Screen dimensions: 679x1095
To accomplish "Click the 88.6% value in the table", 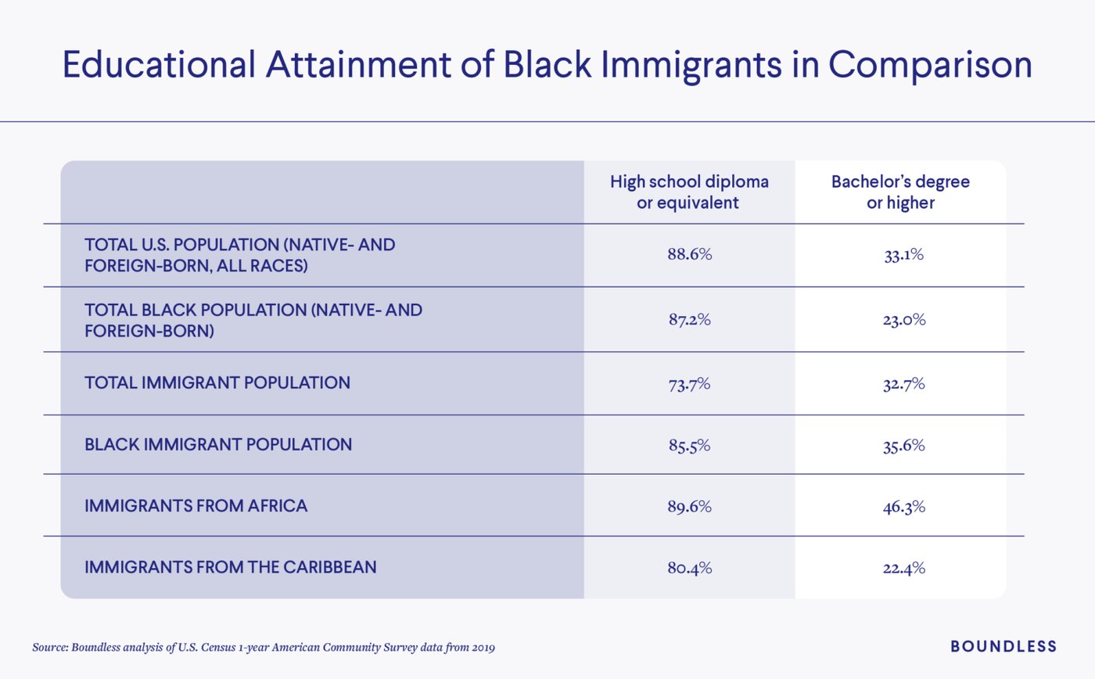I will pyautogui.click(x=689, y=255).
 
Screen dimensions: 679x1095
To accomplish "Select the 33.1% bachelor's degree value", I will pyautogui.click(x=903, y=255).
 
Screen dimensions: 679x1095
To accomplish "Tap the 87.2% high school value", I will pyautogui.click(x=689, y=319).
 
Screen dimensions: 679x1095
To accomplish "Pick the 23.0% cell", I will pyautogui.click(x=903, y=319).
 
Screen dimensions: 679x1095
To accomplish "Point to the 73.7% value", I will pyautogui.click(x=689, y=383).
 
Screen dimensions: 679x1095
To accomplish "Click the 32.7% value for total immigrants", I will pyautogui.click(x=903, y=383).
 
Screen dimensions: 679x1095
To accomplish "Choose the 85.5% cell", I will pyautogui.click(x=689, y=445).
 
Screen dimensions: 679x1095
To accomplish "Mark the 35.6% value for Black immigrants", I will pyautogui.click(x=903, y=445).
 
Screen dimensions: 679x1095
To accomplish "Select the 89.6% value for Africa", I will pyautogui.click(x=689, y=506).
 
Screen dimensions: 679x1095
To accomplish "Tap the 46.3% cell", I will pyautogui.click(x=903, y=506).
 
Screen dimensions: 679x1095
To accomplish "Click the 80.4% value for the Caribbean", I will pyautogui.click(x=689, y=568).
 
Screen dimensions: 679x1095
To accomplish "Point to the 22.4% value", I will pyautogui.click(x=903, y=568).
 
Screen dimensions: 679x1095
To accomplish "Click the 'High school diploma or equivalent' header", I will pyautogui.click(x=689, y=192).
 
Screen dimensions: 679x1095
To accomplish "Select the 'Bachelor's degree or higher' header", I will pyautogui.click(x=900, y=192).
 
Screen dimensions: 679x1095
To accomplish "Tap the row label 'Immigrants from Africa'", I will pyautogui.click(x=196, y=506).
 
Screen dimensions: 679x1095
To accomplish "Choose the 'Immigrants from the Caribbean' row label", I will pyautogui.click(x=230, y=567).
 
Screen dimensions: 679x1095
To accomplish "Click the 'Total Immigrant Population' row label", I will pyautogui.click(x=217, y=383).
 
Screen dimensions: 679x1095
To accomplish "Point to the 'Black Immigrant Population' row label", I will pyautogui.click(x=217, y=445).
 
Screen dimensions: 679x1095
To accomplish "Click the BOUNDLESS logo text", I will pyautogui.click(x=1003, y=646).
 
